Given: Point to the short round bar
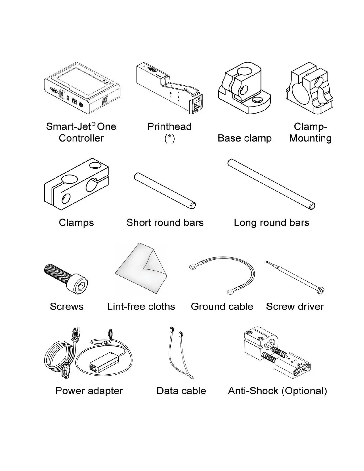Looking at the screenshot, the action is pyautogui.click(x=164, y=190).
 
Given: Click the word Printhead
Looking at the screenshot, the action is pyautogui.click(x=169, y=127).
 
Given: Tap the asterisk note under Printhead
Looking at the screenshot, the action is pyautogui.click(x=169, y=138).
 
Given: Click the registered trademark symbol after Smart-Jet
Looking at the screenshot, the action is pyautogui.click(x=93, y=124).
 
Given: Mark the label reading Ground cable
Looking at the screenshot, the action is pyautogui.click(x=222, y=307).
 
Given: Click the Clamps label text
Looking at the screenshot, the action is pyautogui.click(x=76, y=223).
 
